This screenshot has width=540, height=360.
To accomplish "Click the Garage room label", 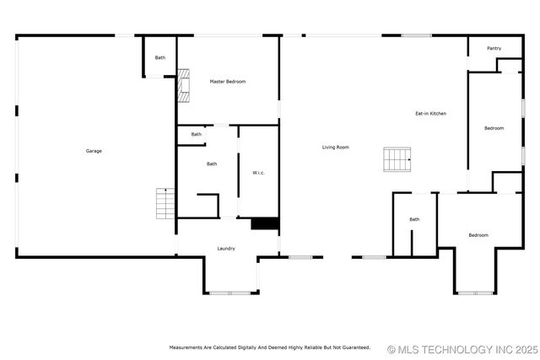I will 94,151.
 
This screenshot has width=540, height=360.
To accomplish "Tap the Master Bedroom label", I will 228,81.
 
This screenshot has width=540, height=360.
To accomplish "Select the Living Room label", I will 336,148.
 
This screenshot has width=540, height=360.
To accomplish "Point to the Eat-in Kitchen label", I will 430,113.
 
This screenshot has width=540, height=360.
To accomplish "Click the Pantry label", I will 494,48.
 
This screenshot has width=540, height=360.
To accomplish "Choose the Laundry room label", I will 226,248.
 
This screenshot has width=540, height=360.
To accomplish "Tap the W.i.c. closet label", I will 259,173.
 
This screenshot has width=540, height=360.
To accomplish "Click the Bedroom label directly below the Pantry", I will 494,128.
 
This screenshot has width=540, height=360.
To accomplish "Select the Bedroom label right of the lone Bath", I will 478,235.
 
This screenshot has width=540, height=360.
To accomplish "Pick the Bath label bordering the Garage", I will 160,57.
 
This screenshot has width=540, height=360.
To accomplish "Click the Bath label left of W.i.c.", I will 212,164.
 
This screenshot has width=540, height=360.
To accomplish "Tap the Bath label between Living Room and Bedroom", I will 414,219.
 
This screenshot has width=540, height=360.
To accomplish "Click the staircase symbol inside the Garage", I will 165,203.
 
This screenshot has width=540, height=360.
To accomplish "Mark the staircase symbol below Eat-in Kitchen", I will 397,158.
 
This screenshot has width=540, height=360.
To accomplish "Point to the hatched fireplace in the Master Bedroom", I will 183,85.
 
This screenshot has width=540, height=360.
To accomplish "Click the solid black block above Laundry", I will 265,223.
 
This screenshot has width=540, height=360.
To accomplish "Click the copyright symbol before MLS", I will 391,348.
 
